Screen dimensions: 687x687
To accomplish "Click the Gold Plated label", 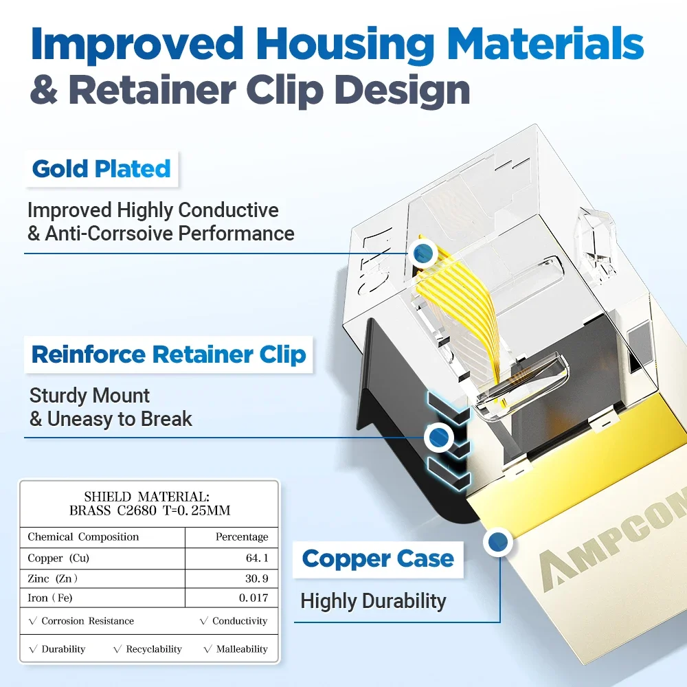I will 101,168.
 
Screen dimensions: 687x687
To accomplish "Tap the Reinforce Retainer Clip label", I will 168,354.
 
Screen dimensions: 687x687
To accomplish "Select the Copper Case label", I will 378,559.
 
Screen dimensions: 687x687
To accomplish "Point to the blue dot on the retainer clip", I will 438,436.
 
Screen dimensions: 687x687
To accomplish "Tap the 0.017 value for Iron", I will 253,598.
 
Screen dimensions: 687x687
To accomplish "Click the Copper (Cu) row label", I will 58,559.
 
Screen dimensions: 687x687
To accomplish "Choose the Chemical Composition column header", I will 83,537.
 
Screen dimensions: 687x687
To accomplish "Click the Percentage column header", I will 242,537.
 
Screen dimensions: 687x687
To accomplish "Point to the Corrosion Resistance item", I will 82,621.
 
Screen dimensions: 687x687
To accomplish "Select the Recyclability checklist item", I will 148,649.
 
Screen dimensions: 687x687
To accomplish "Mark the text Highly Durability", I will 373,601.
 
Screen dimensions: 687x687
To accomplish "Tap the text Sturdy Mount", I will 89,396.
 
